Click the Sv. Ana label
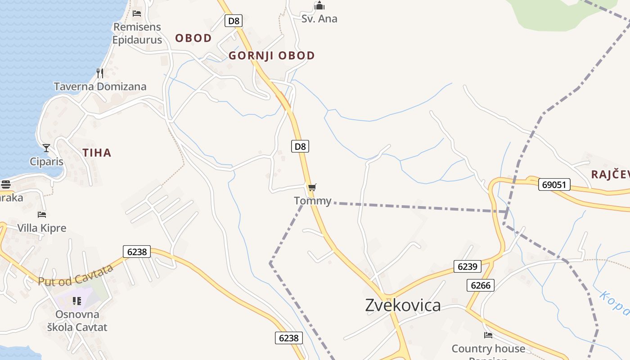point(319,19)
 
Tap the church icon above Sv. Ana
point(319,6)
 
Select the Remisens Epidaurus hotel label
point(137,33)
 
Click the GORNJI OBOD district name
point(272,56)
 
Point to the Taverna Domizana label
point(100,86)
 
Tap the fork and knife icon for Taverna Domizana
point(100,73)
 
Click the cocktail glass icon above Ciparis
point(46,148)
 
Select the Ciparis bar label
point(46,162)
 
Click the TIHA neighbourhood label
point(97,153)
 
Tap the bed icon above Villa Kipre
point(42,215)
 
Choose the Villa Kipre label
point(42,228)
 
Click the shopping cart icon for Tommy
point(312,187)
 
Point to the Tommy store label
point(313,201)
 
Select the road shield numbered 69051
point(554,184)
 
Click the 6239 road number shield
point(467,266)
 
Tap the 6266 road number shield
point(481,285)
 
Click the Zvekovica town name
point(403,305)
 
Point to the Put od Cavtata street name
point(76,275)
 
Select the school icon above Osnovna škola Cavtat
point(77,301)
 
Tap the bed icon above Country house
point(488,335)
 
